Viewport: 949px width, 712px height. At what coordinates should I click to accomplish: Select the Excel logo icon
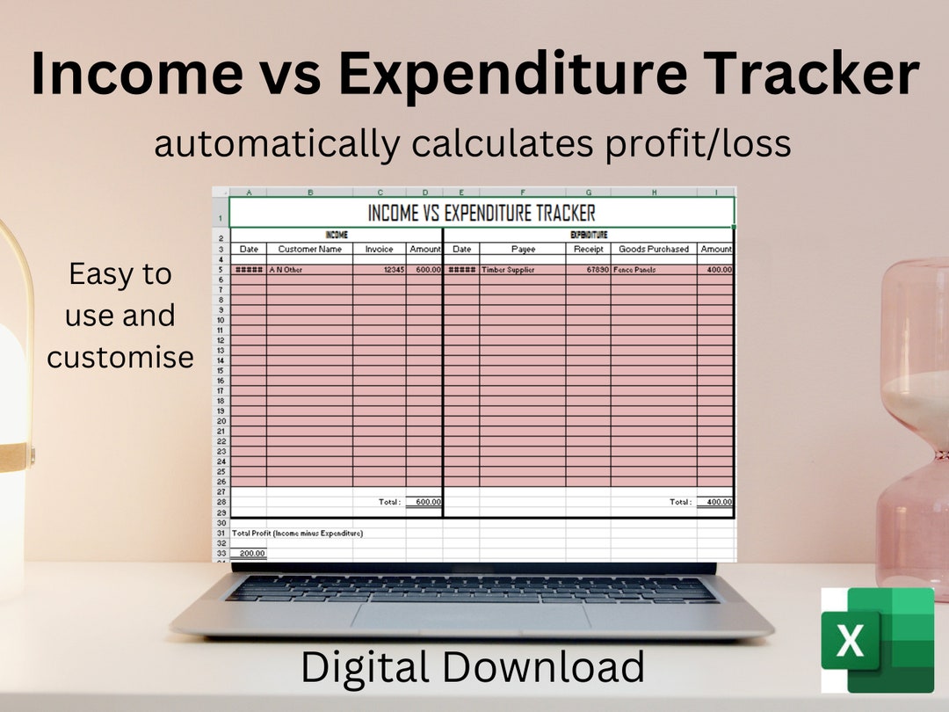(876, 640)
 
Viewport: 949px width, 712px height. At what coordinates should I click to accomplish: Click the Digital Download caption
(473, 667)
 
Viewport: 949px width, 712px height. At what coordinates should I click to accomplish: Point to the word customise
(120, 357)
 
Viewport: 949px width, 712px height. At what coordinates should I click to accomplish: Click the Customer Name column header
(309, 249)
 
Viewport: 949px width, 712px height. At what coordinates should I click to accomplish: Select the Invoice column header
(380, 249)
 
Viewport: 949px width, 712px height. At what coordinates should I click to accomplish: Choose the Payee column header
(523, 249)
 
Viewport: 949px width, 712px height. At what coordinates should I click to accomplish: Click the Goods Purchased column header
(654, 249)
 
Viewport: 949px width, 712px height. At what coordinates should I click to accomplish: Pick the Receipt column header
(588, 249)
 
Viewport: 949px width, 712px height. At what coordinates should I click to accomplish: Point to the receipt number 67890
(594, 270)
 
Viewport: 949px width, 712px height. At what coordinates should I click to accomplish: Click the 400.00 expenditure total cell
(718, 502)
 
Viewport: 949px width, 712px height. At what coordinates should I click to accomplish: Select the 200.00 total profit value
(252, 553)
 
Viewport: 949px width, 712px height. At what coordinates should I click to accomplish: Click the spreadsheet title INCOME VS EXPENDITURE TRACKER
(481, 213)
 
